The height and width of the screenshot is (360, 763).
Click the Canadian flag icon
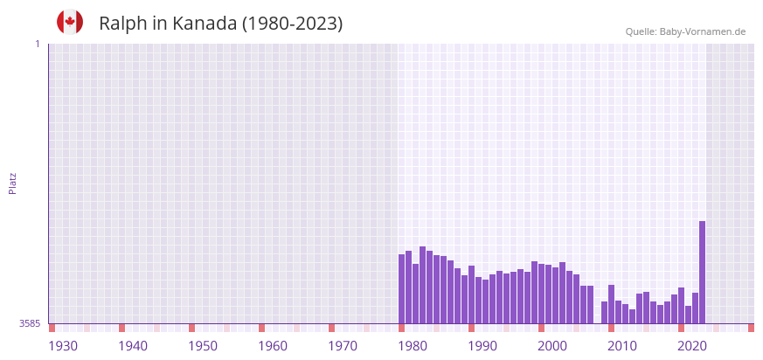(x=70, y=22)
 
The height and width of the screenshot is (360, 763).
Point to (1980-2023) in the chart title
(x=292, y=24)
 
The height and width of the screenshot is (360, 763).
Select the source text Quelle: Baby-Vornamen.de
(x=685, y=31)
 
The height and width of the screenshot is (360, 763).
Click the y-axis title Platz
(x=12, y=183)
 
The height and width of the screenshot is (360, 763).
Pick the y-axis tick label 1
(x=37, y=44)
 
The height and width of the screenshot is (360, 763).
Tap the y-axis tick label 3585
(x=30, y=323)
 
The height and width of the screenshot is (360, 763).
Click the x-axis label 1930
(x=63, y=346)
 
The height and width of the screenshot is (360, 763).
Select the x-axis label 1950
(x=203, y=346)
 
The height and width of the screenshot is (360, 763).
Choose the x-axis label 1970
(x=343, y=346)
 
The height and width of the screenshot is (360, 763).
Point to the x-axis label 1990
(x=482, y=346)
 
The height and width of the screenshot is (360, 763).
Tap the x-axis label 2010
(x=622, y=346)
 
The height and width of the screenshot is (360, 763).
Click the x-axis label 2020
(x=692, y=346)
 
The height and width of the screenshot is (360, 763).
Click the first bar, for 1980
(x=401, y=289)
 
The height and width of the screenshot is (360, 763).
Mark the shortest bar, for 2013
(x=632, y=316)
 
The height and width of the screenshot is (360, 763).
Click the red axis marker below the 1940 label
(x=121, y=328)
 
